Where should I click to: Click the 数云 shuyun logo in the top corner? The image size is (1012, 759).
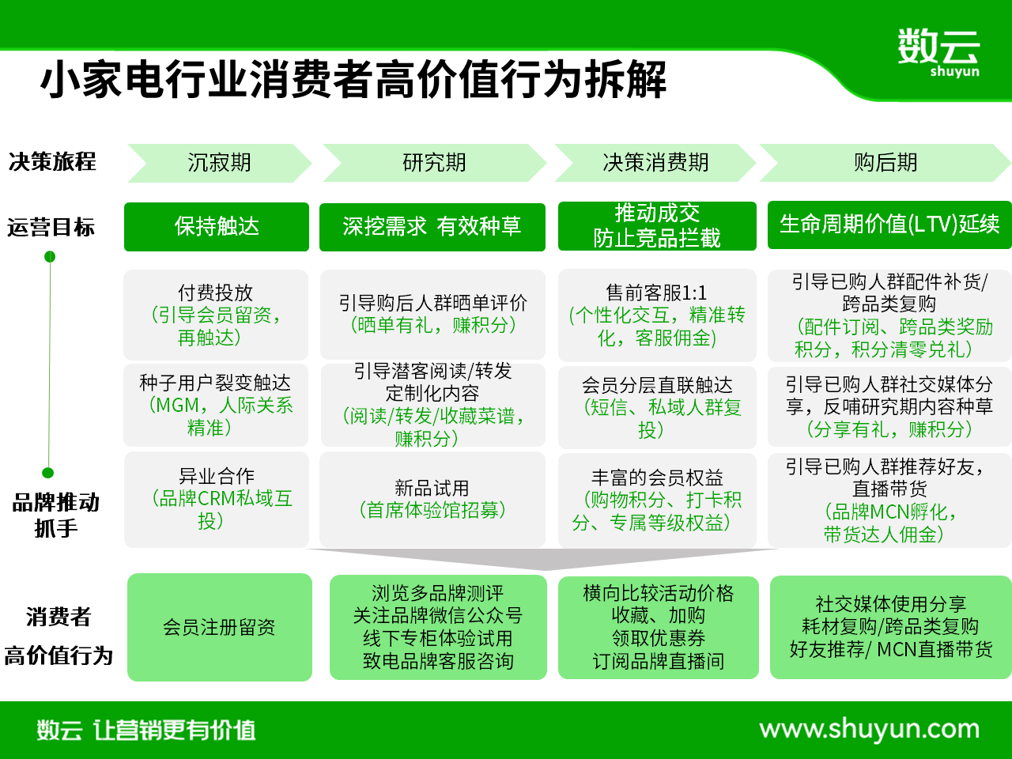938,52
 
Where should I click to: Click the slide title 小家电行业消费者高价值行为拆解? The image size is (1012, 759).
353,80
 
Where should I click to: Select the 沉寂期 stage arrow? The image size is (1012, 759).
219,163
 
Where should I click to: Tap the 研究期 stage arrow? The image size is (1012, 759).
434,163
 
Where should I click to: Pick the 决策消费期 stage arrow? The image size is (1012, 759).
655,163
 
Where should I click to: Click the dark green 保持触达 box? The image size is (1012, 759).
216,227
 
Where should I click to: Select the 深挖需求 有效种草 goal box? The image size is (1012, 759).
432,227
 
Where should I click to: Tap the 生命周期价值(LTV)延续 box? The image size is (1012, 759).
889,225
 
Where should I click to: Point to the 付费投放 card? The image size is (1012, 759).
216,315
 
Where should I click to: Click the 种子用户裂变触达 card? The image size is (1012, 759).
216,405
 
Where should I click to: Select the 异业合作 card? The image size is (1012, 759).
216,500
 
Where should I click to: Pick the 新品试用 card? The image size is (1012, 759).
432,500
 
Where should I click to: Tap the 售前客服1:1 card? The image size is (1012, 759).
657,315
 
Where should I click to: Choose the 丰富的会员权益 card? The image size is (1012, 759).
657,500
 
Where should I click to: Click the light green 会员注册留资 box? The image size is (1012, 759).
220,627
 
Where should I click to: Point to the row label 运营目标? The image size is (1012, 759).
51,228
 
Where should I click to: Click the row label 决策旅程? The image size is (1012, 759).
52,162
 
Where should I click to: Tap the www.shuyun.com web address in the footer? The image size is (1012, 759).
869,730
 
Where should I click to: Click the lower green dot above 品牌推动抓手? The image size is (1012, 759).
48,473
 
